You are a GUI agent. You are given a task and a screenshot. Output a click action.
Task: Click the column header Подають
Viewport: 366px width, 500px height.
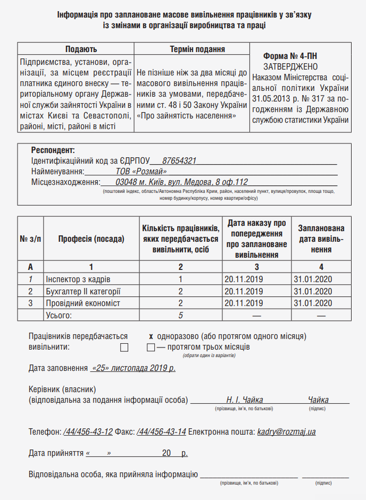(x=76, y=49)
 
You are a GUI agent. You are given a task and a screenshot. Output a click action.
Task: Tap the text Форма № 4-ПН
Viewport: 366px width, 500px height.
(x=290, y=56)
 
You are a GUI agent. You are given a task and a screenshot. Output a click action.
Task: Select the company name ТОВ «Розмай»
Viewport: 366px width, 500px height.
(x=142, y=171)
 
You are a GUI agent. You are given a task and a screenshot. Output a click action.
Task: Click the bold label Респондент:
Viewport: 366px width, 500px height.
(x=53, y=150)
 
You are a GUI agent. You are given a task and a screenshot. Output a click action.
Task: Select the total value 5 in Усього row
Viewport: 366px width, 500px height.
(x=181, y=315)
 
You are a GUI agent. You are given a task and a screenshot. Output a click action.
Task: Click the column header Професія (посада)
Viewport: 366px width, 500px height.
(x=91, y=239)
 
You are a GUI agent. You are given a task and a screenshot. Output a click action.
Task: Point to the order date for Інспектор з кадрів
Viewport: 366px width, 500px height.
(x=244, y=279)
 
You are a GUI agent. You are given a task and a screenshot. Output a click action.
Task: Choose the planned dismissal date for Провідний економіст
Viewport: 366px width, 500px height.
(x=313, y=303)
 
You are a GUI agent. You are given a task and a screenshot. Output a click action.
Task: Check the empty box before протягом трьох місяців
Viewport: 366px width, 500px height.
(x=151, y=348)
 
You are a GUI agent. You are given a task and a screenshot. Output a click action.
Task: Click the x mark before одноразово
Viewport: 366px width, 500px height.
(x=151, y=336)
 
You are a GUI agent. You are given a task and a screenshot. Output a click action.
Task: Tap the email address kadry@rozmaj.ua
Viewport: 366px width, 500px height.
(x=286, y=432)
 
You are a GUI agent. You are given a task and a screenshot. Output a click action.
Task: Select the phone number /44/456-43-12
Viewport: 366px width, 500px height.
(x=88, y=432)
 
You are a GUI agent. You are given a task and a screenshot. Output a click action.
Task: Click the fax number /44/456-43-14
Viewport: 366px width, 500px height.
(x=161, y=432)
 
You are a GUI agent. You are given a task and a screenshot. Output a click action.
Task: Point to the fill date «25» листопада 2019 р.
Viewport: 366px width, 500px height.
(x=133, y=368)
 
